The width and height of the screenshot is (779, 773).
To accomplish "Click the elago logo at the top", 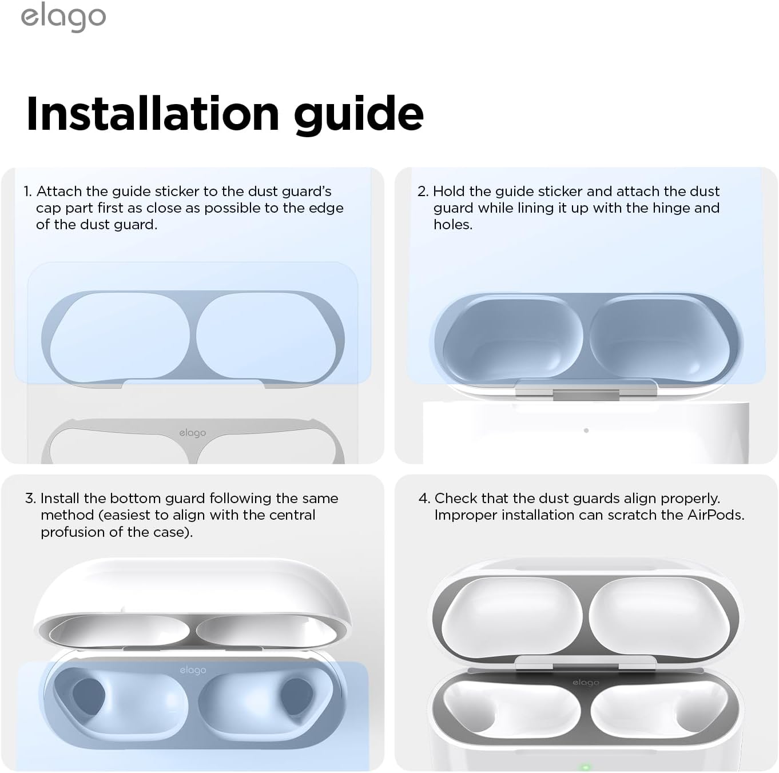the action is tap(63, 17).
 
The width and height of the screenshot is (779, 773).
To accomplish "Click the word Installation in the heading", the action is tap(152, 114).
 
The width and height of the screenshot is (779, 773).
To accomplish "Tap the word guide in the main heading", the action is tap(359, 115).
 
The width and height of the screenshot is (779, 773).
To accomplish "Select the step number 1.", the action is tap(27, 191).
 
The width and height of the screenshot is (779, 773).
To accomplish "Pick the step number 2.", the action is tap(423, 191).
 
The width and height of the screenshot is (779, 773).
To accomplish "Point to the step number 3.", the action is tap(31, 499).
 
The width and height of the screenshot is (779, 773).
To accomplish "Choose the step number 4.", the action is tap(424, 499).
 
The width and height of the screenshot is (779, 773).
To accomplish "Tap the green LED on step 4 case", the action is tap(585, 767).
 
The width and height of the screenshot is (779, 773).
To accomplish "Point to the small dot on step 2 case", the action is tap(586, 431).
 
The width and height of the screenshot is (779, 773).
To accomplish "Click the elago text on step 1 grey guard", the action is tap(192, 433).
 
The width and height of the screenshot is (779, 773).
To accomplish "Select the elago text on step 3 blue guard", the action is tap(193, 670).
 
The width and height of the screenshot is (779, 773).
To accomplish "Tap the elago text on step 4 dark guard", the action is tap(586, 683).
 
